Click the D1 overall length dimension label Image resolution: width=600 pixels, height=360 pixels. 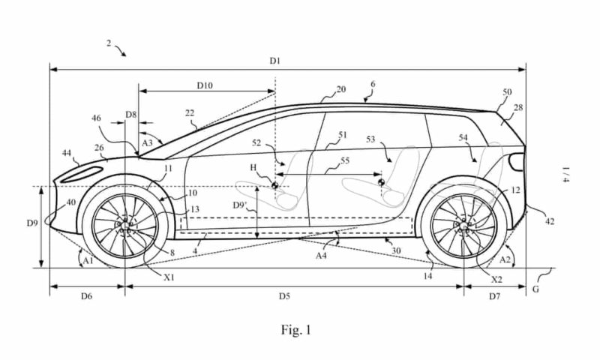tap(275, 60)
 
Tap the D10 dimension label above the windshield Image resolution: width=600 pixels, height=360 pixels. tap(205, 85)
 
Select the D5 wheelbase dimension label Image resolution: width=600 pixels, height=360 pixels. tap(284, 296)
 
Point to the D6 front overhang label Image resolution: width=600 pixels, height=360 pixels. tap(85, 296)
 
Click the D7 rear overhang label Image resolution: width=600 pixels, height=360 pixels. tap(495, 296)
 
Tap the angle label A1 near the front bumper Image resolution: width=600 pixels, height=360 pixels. tap(87, 259)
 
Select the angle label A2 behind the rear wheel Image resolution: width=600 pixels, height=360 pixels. tap(507, 259)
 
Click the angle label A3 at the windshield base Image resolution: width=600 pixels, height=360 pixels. tap(148, 140)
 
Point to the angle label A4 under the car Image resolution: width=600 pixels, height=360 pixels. tap(320, 256)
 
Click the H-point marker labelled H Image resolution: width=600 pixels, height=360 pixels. tap(275, 184)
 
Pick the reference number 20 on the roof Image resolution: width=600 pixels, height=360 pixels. tap(340, 89)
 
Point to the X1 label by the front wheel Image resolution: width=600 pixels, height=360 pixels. tap(169, 277)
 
